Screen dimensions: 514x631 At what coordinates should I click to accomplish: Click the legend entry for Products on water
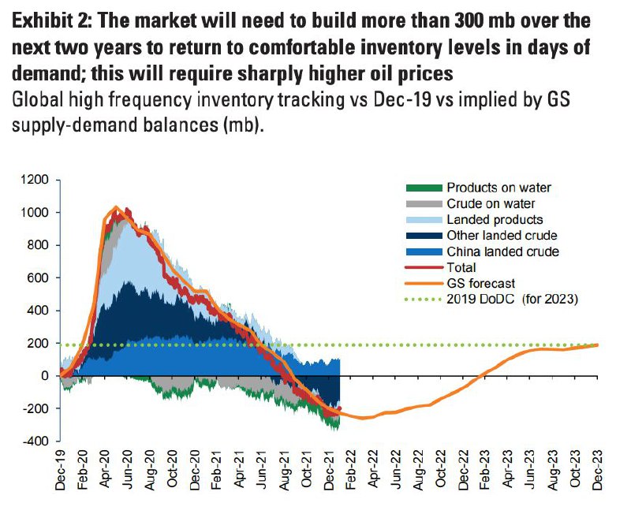click(x=498, y=188)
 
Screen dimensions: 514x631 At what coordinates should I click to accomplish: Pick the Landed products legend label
click(x=495, y=219)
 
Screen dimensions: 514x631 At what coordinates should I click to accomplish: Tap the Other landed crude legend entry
click(x=502, y=236)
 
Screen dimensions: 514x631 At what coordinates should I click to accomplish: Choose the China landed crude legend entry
click(x=502, y=251)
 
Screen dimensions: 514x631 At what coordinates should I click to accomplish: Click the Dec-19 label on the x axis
click(x=61, y=473)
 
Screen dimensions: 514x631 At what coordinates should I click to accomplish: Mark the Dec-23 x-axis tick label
click(x=597, y=473)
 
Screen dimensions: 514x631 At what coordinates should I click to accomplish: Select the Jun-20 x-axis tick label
click(x=128, y=473)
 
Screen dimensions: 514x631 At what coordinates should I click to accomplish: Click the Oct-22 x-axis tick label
click(x=441, y=473)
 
